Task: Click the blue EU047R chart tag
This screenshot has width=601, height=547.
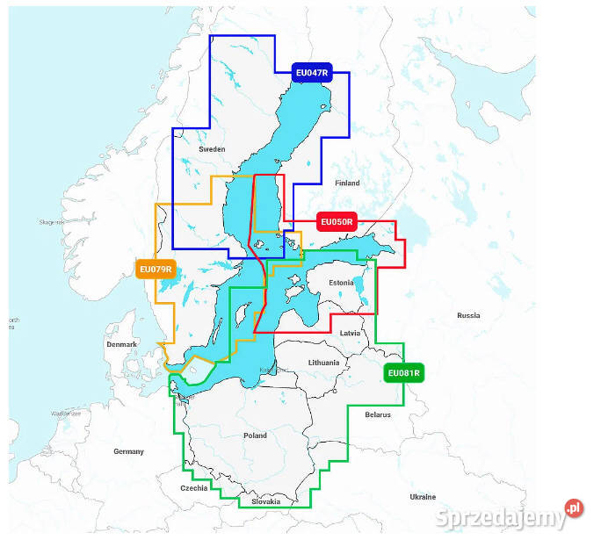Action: [311, 74]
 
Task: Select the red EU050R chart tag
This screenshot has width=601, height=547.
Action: [337, 222]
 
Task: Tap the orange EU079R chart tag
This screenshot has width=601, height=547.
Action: [156, 269]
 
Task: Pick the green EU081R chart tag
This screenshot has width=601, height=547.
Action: [404, 373]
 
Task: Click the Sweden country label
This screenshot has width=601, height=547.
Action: [212, 149]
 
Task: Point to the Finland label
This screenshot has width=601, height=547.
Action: [347, 183]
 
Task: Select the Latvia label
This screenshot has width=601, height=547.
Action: [350, 334]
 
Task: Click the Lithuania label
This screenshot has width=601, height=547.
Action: [323, 362]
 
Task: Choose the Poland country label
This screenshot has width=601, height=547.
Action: [255, 435]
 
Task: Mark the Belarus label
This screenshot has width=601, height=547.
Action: [378, 414]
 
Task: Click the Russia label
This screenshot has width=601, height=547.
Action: [468, 314]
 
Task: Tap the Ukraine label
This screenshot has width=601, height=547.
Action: [423, 497]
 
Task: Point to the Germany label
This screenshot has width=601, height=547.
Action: [128, 451]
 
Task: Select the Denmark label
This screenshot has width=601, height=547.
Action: [121, 344]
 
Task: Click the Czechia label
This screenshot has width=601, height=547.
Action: [194, 488]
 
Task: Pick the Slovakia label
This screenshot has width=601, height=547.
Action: [265, 501]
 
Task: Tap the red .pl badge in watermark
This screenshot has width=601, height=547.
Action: [574, 507]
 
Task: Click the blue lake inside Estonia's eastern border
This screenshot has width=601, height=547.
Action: [359, 284]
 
